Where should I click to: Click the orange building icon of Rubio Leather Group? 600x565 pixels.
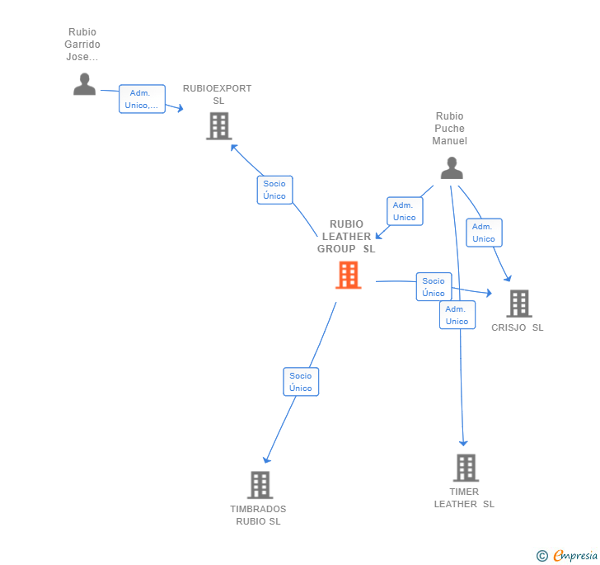pyautogui.click(x=349, y=275)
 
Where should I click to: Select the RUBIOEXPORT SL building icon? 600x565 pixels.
pyautogui.click(x=218, y=126)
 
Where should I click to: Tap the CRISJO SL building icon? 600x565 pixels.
pyautogui.click(x=518, y=304)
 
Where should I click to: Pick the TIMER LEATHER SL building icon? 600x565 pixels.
pyautogui.click(x=466, y=468)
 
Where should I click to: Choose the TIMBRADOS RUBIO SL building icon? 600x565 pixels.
pyautogui.click(x=260, y=485)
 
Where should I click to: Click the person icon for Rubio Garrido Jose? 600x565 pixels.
pyautogui.click(x=84, y=84)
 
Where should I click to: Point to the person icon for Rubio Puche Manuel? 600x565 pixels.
pyautogui.click(x=451, y=167)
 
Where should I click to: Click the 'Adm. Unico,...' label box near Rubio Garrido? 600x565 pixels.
pyautogui.click(x=143, y=99)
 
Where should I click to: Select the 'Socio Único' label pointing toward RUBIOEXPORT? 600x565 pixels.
pyautogui.click(x=274, y=190)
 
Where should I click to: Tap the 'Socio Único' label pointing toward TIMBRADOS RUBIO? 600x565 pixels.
pyautogui.click(x=301, y=382)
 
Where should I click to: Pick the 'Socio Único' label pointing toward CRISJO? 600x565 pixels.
pyautogui.click(x=434, y=287)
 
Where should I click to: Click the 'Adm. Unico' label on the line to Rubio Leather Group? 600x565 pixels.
pyautogui.click(x=404, y=211)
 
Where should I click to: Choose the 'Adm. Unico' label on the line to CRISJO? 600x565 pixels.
pyautogui.click(x=484, y=233)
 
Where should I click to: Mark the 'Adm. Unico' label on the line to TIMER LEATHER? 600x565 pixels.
pyautogui.click(x=457, y=315)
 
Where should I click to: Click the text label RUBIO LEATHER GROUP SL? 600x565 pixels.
pyautogui.click(x=347, y=237)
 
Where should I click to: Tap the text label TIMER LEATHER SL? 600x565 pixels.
pyautogui.click(x=465, y=498)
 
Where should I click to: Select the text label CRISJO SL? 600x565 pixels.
pyautogui.click(x=518, y=327)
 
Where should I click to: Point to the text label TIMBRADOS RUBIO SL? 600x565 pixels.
pyautogui.click(x=258, y=515)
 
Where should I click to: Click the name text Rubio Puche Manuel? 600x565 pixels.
pyautogui.click(x=450, y=129)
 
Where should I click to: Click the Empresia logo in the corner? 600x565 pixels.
pyautogui.click(x=567, y=556)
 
